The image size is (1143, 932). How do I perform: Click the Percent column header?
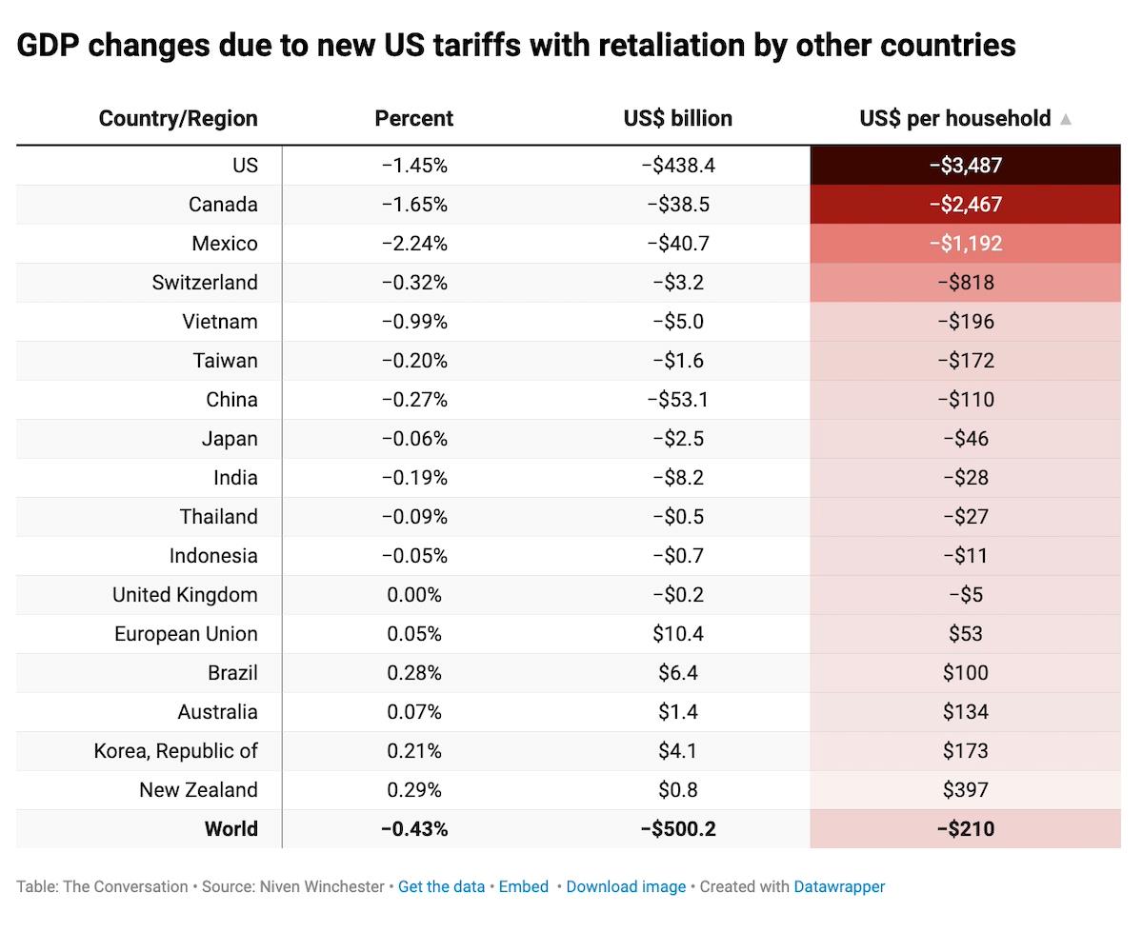click(414, 119)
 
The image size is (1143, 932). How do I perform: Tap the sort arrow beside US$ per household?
click(1066, 120)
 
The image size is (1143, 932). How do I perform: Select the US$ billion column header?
click(678, 119)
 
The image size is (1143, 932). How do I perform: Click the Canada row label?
click(223, 205)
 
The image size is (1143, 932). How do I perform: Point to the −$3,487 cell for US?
click(966, 166)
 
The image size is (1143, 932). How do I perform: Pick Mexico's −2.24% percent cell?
click(414, 244)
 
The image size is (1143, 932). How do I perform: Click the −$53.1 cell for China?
click(678, 400)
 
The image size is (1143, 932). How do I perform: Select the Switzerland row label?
click(205, 283)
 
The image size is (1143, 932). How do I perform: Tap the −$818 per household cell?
click(966, 283)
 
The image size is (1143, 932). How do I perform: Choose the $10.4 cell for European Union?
click(678, 634)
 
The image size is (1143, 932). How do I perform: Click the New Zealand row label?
click(198, 790)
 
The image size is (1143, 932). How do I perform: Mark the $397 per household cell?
click(966, 790)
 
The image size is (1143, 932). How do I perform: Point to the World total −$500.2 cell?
click(678, 829)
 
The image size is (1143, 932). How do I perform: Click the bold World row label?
click(231, 829)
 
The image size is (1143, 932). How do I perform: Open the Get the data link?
click(441, 886)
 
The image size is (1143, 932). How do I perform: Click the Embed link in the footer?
click(524, 886)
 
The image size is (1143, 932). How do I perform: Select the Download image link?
click(626, 886)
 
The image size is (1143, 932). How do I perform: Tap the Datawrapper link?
click(839, 886)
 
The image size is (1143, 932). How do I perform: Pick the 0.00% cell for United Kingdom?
click(414, 595)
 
